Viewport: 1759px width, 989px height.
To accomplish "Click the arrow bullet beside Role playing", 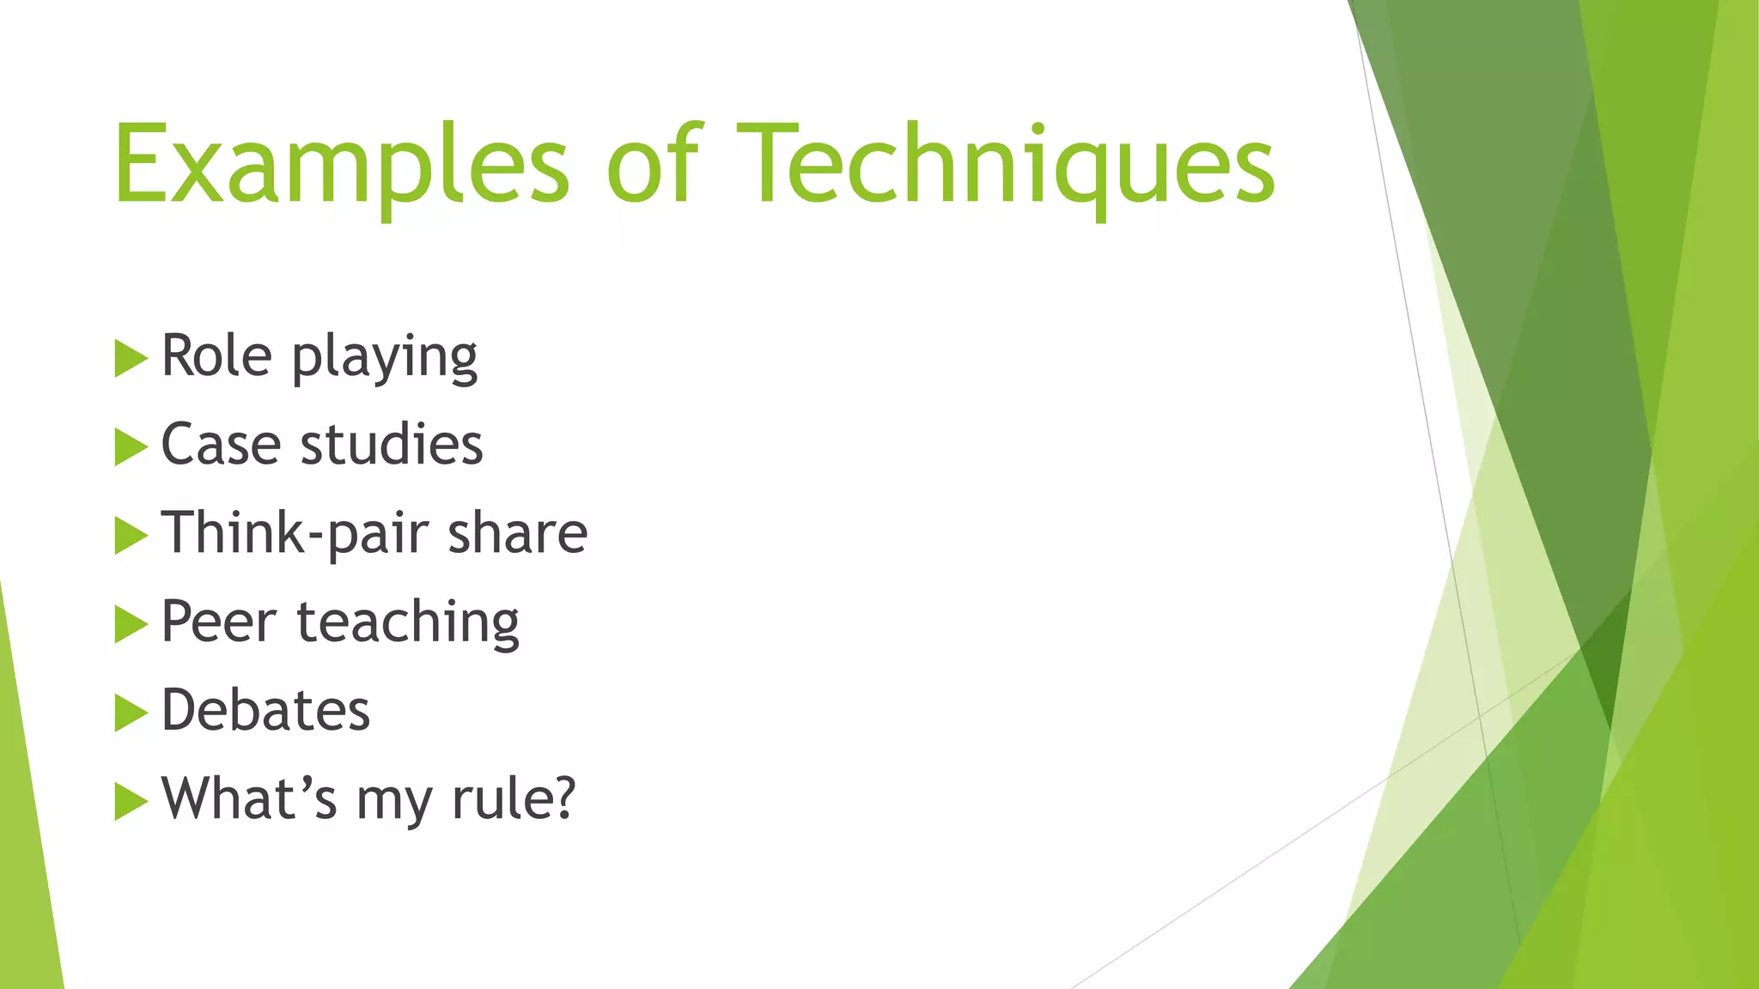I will pyautogui.click(x=131, y=358).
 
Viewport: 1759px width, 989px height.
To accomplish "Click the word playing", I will pyautogui.click(x=385, y=358).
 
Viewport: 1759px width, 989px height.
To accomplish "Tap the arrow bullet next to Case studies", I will pyautogui.click(x=131, y=446).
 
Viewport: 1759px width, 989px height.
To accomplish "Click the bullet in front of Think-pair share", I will pyautogui.click(x=131, y=535).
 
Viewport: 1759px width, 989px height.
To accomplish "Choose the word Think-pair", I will pyautogui.click(x=295, y=534).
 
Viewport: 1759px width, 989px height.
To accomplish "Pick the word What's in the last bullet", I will pyautogui.click(x=249, y=798).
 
